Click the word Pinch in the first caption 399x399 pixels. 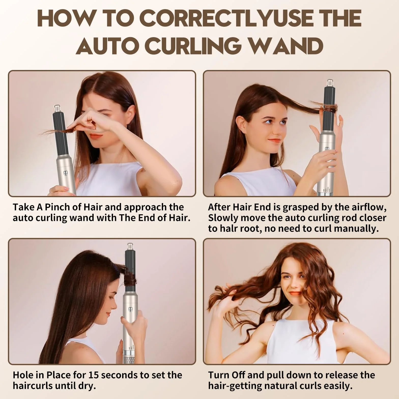pyautogui.click(x=57, y=207)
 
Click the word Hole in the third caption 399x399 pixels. pyautogui.click(x=23, y=375)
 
